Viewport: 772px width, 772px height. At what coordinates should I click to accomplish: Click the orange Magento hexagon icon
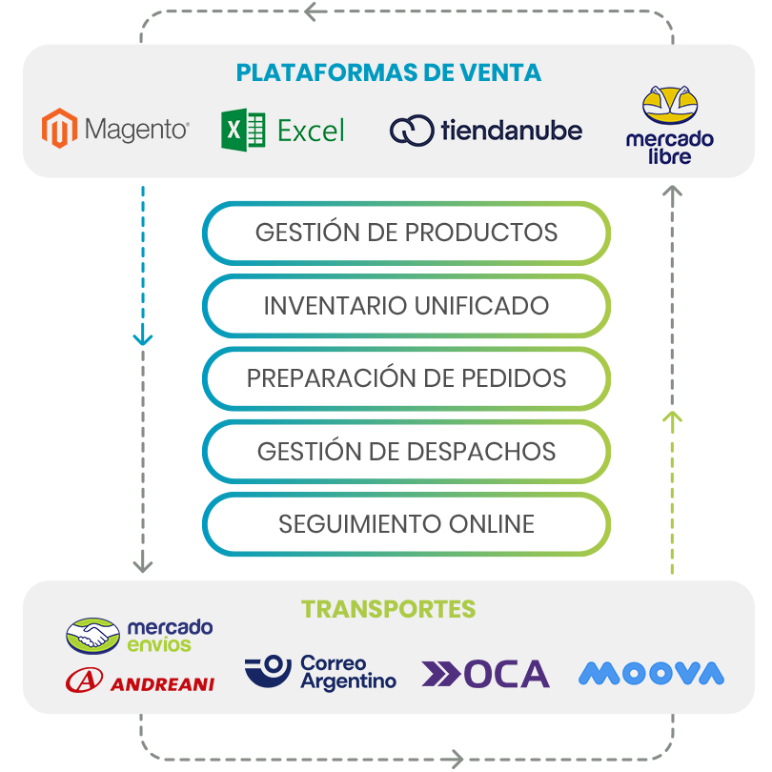tap(59, 130)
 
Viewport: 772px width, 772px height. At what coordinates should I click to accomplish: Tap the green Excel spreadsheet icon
tap(243, 130)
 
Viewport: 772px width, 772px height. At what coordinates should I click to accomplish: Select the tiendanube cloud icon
tap(412, 131)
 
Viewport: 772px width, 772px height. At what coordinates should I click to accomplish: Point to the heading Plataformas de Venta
tap(388, 72)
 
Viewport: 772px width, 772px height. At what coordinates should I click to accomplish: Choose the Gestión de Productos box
tap(406, 233)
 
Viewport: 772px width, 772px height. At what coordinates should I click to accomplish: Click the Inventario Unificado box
tap(406, 306)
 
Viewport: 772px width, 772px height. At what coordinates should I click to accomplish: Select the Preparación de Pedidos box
tap(406, 378)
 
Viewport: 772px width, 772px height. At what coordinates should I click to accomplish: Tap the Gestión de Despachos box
tap(406, 451)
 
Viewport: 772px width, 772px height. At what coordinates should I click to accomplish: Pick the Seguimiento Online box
tap(406, 524)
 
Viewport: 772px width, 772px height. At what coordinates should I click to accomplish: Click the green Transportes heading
tap(388, 609)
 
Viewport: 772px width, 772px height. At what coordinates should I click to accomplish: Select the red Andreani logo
tap(139, 681)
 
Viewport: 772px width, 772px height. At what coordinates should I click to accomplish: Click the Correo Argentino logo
tap(320, 672)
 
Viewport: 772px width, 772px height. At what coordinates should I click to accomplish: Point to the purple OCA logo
tap(486, 674)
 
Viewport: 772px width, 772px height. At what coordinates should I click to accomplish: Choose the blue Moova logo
tap(651, 674)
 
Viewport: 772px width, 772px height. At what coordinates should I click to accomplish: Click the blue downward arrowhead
tap(143, 337)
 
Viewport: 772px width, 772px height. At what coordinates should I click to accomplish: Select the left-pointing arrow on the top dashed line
tap(315, 11)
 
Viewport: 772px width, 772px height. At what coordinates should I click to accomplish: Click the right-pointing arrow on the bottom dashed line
tap(451, 760)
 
